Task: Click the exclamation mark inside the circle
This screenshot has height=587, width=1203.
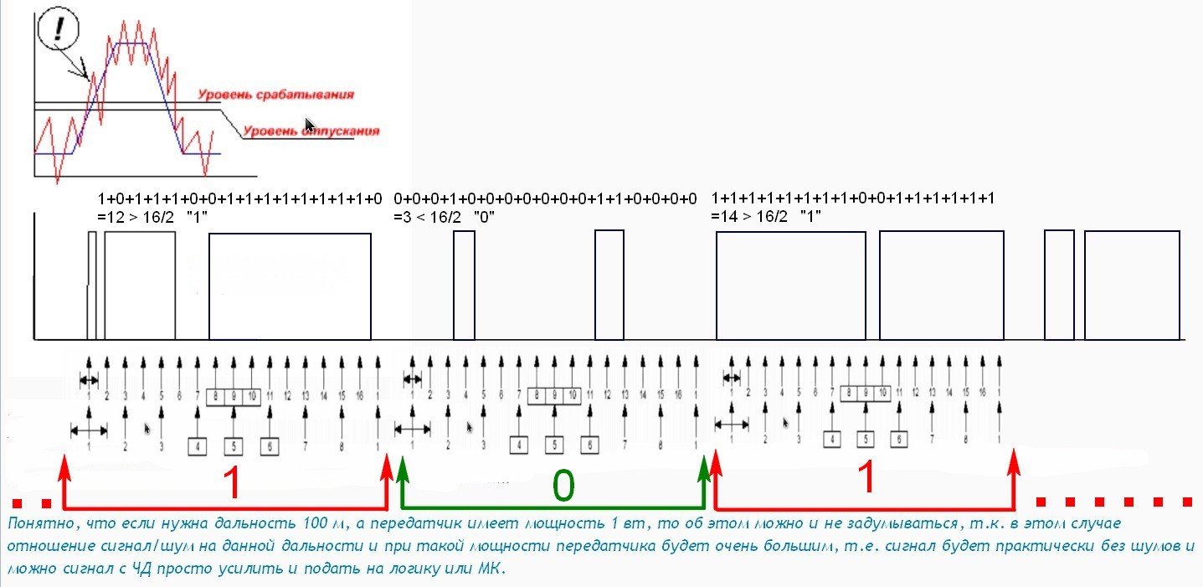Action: [56, 32]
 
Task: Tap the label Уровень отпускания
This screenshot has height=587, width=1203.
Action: [311, 131]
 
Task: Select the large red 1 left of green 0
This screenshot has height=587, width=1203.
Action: [234, 483]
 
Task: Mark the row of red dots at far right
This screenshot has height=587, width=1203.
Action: [1113, 502]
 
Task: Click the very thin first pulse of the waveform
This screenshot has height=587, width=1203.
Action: [92, 285]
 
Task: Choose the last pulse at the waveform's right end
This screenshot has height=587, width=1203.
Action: [1132, 285]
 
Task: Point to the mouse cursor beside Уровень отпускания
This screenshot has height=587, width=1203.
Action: [309, 126]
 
